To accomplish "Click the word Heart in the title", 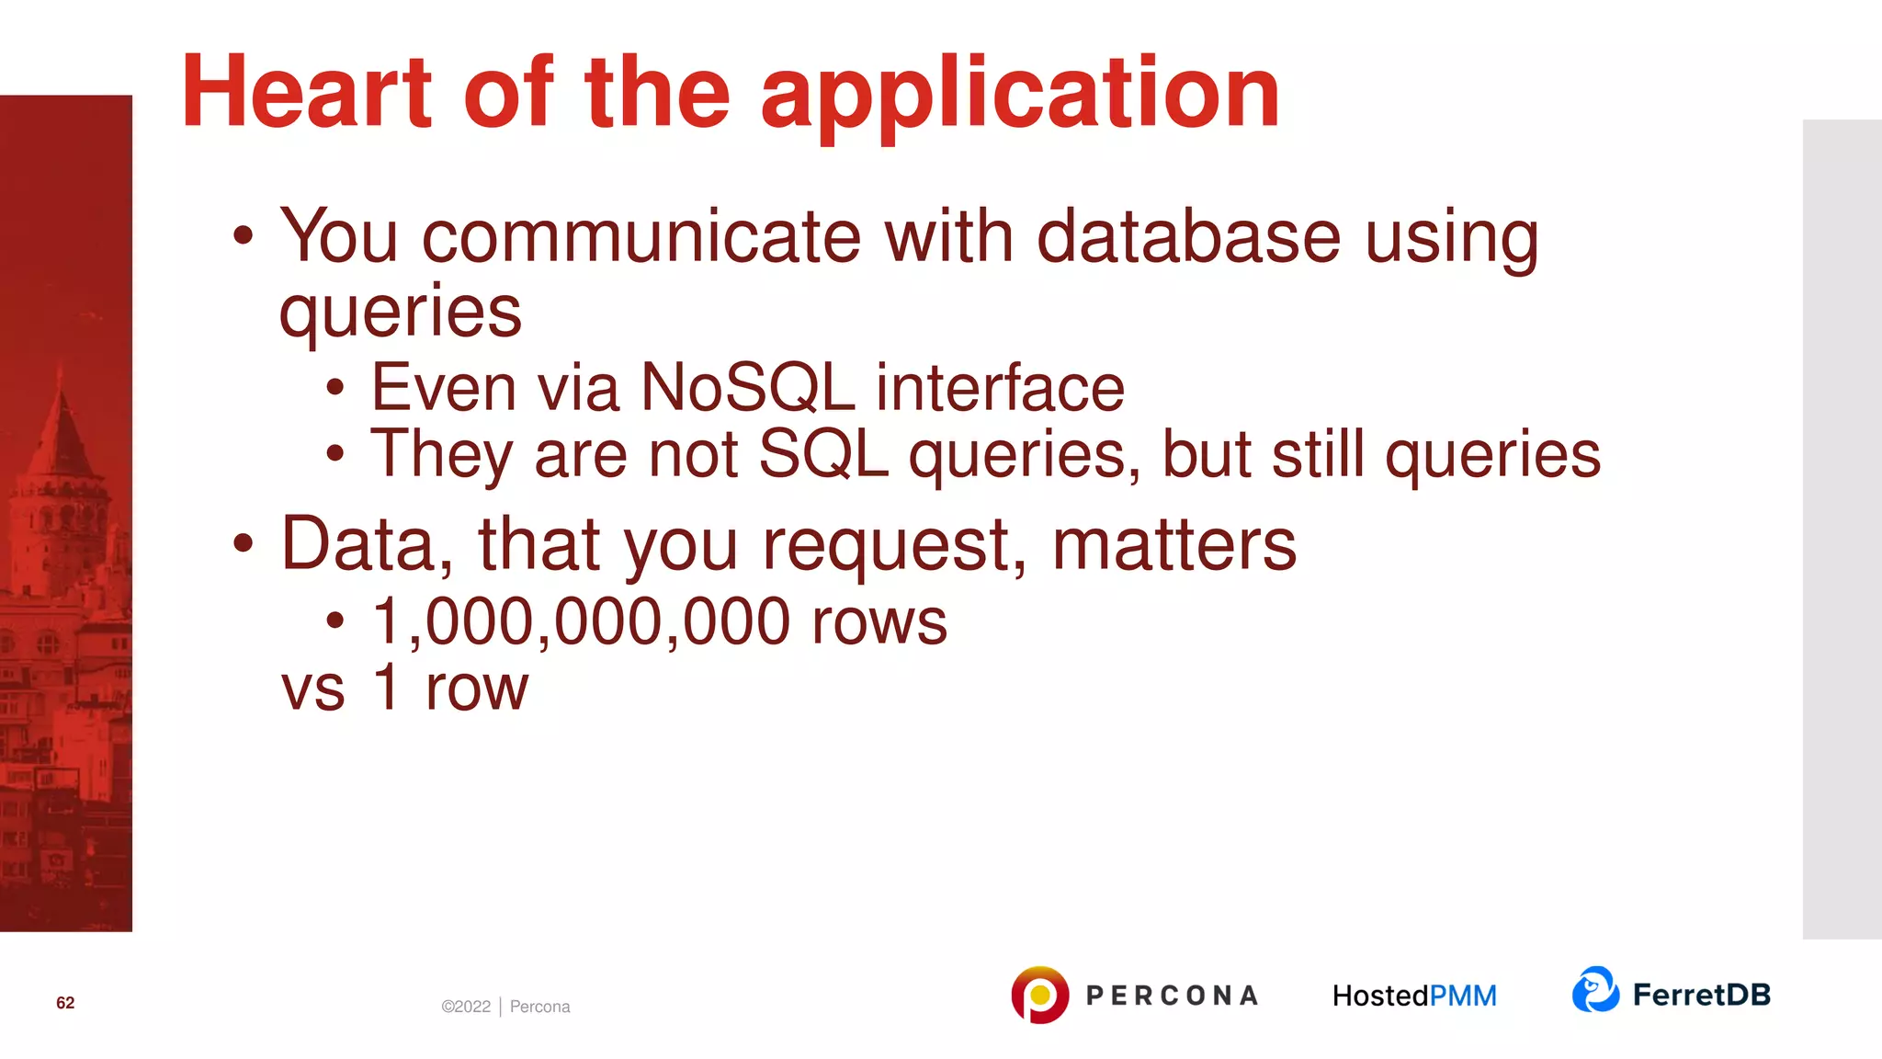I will (x=306, y=92).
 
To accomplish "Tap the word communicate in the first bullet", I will (x=641, y=237).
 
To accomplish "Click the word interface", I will (x=1000, y=388).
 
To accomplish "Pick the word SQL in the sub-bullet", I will (x=823, y=454).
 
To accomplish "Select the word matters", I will (x=1173, y=544).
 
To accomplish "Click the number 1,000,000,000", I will (x=581, y=621).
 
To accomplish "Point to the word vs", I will (x=312, y=689).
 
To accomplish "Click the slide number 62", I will (x=65, y=1003).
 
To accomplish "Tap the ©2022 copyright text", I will (x=466, y=1007).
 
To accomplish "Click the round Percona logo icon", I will (x=1039, y=995).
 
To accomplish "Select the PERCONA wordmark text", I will (x=1172, y=996).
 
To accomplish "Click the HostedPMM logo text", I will (x=1414, y=996).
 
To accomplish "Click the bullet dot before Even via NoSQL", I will (x=335, y=388).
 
